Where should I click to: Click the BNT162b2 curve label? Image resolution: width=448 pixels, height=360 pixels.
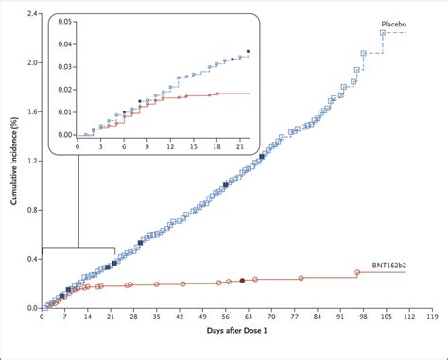pyautogui.click(x=398, y=266)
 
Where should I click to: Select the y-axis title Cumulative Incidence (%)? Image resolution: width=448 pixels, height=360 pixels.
pyautogui.click(x=9, y=162)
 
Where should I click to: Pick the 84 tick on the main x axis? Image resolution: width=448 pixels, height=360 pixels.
pyautogui.click(x=318, y=318)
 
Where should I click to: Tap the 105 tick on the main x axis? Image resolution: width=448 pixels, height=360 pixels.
pyautogui.click(x=386, y=318)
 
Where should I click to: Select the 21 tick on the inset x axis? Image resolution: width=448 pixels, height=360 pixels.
pyautogui.click(x=240, y=148)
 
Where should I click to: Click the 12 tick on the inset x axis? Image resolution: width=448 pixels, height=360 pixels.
pyautogui.click(x=170, y=148)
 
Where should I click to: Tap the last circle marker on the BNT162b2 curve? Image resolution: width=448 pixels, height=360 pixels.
pyautogui.click(x=357, y=272)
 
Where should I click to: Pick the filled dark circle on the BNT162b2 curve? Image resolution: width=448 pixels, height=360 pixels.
pyautogui.click(x=242, y=281)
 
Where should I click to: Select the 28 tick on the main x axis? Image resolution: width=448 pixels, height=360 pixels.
pyautogui.click(x=133, y=318)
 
